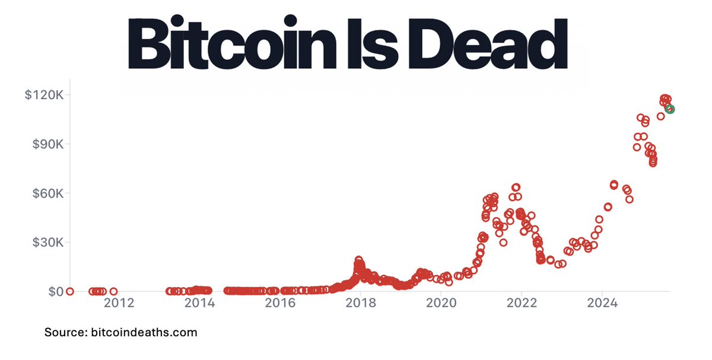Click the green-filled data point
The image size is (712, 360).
coord(670,109)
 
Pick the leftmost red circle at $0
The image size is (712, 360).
coord(70,291)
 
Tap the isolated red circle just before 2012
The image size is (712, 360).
coord(113,291)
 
